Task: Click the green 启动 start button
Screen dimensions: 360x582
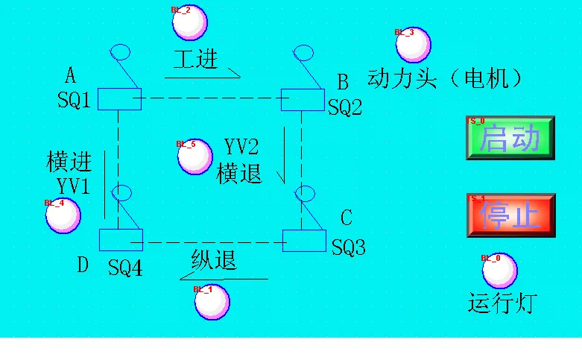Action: point(510,137)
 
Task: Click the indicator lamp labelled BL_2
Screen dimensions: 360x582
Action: point(190,22)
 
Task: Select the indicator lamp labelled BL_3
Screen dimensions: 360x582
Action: point(413,45)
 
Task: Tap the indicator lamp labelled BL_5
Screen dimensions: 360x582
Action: point(195,157)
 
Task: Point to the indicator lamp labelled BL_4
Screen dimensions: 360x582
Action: point(63,215)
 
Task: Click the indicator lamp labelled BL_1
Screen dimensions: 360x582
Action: point(212,302)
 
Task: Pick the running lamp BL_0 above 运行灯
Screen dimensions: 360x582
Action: point(499,271)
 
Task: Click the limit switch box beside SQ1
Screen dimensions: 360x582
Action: point(119,98)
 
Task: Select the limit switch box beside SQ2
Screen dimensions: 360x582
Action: point(302,99)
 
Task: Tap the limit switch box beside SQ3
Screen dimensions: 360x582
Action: point(304,241)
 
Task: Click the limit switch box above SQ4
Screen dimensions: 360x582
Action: point(121,240)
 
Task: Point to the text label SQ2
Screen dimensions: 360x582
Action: point(345,108)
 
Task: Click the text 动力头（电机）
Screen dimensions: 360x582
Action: point(445,78)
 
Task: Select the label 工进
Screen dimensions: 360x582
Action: point(196,60)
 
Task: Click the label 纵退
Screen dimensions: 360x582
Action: point(214,260)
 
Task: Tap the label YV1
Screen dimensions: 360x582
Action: point(72,186)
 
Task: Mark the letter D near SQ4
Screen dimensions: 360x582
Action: point(83,265)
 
